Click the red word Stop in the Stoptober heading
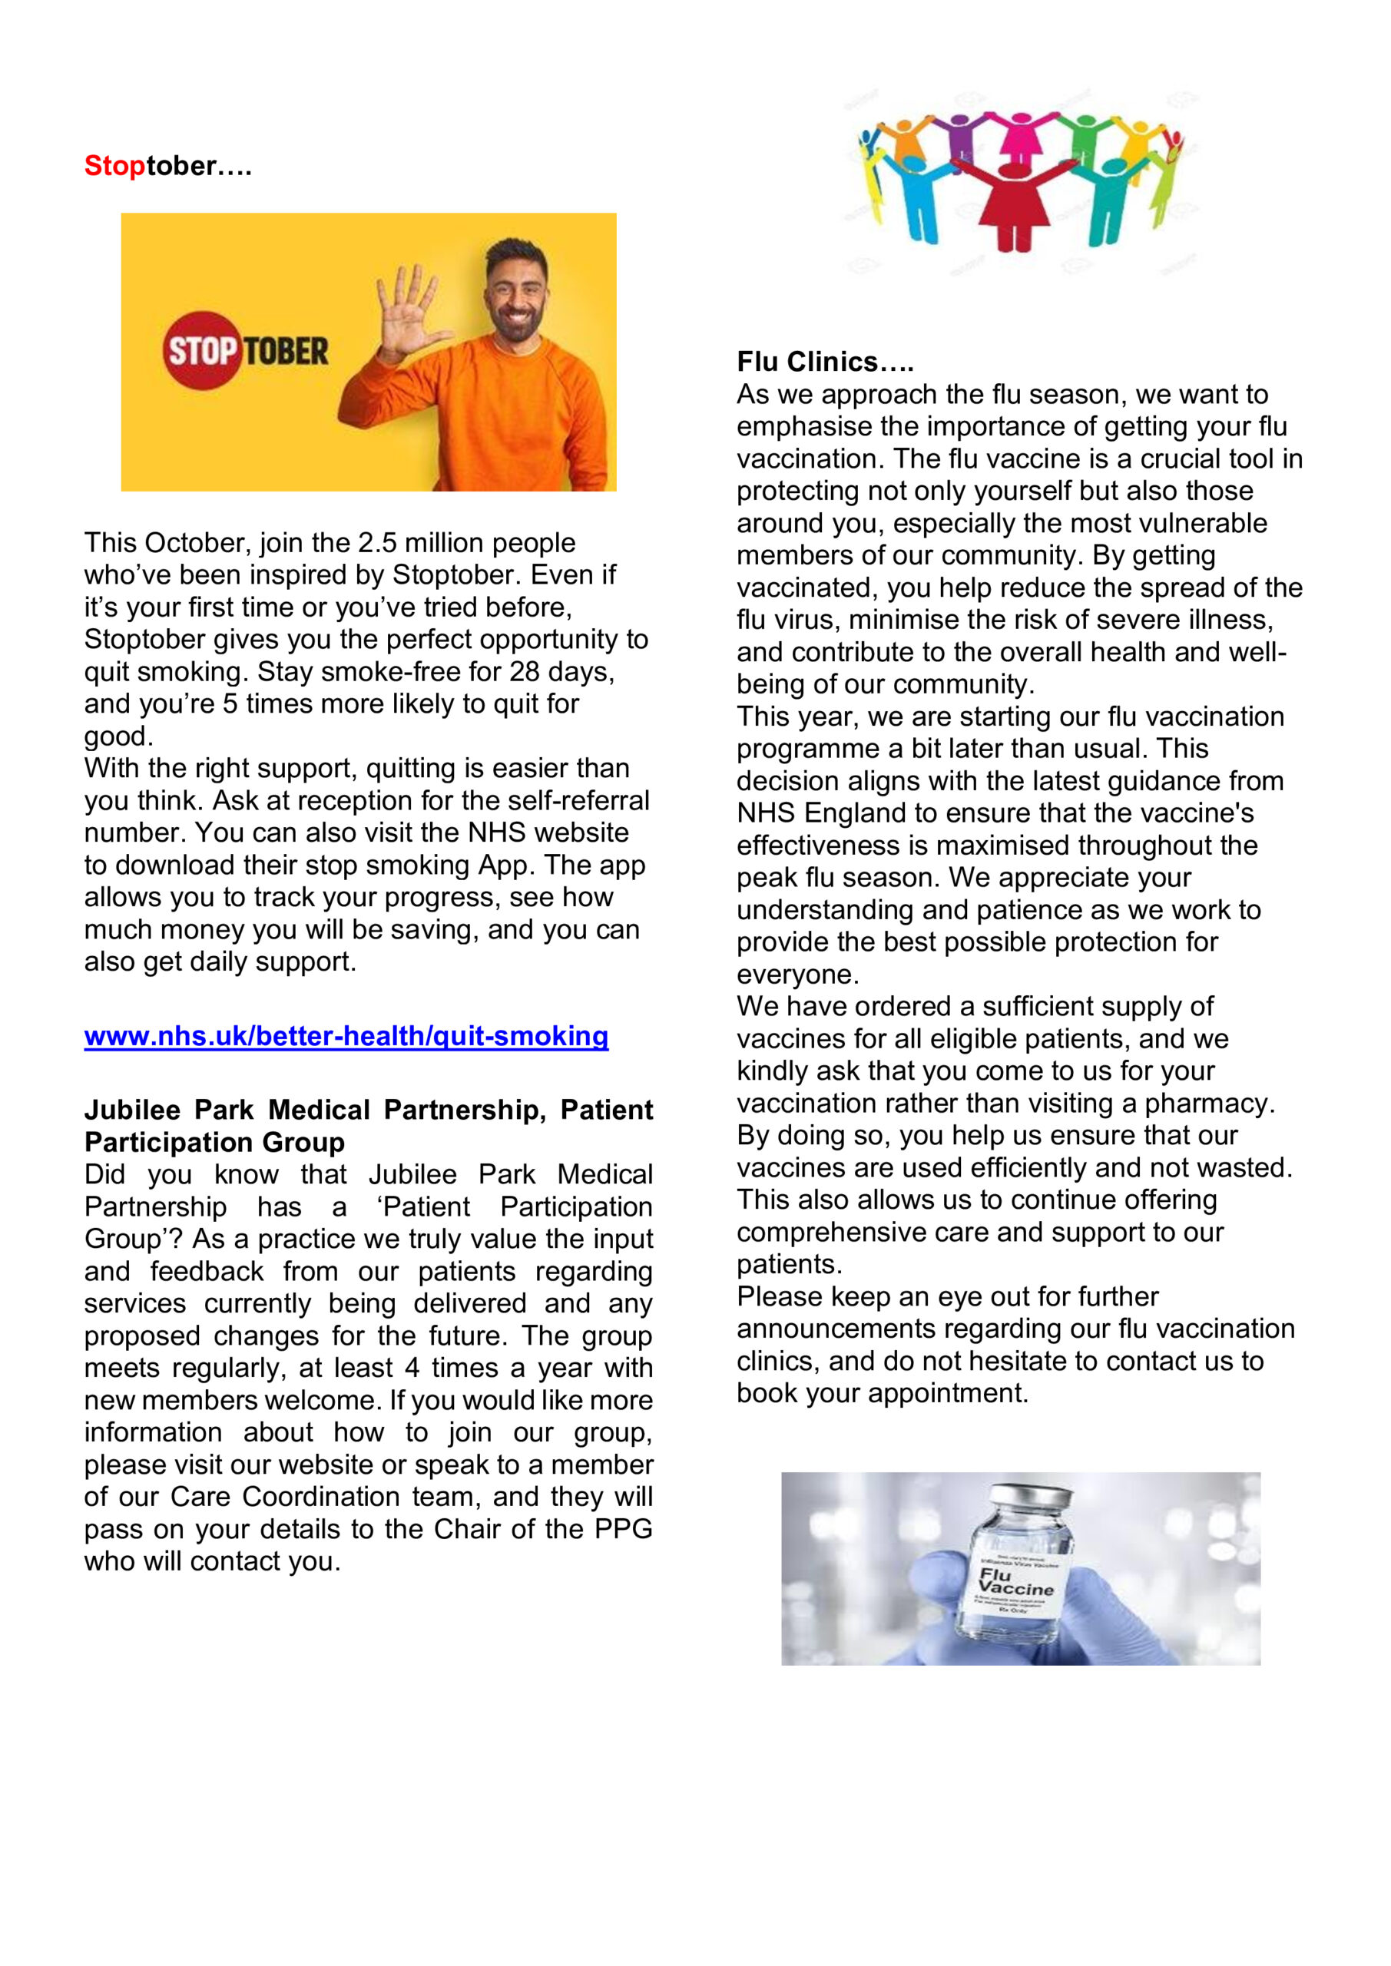click(114, 165)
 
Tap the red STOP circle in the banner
click(202, 350)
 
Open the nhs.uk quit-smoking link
click(346, 1036)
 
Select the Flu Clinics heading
click(825, 362)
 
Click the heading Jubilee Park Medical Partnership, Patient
click(369, 1110)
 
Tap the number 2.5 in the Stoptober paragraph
click(377, 543)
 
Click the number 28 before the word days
click(527, 671)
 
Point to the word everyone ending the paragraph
click(797, 975)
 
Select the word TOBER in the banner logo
click(286, 351)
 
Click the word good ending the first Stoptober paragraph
click(118, 736)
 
